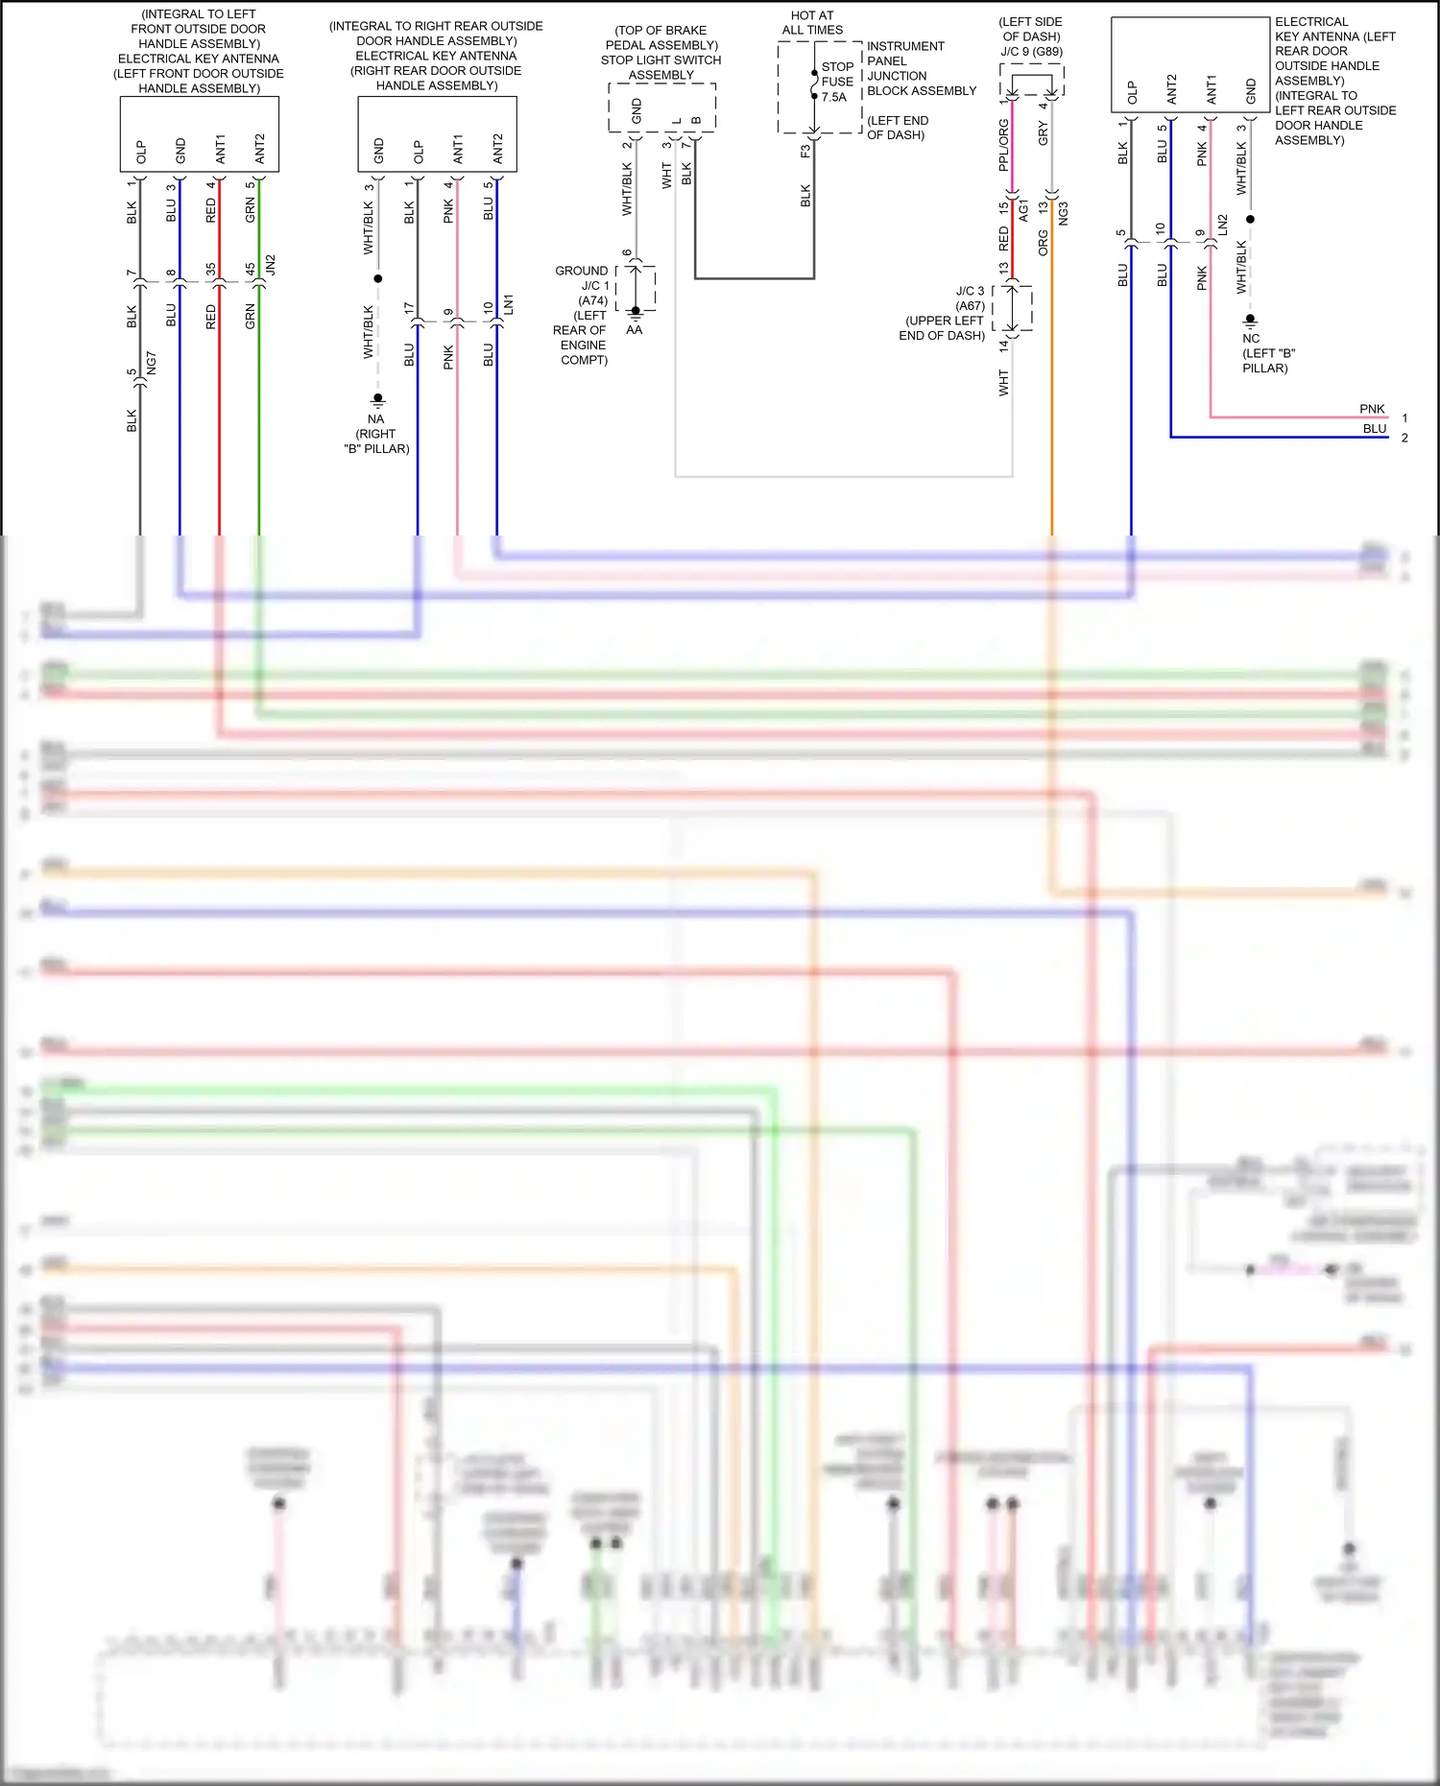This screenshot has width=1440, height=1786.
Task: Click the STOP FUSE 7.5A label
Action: [x=837, y=82]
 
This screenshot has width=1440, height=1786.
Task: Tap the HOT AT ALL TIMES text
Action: [x=812, y=23]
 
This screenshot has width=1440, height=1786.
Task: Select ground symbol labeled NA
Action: [x=378, y=398]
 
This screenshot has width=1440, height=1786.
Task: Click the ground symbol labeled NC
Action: [x=1250, y=320]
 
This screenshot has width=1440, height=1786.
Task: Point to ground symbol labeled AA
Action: [x=635, y=313]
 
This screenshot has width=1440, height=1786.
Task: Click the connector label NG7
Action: [x=151, y=363]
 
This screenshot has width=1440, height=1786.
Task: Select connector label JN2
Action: [x=271, y=265]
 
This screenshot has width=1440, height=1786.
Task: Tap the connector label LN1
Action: [x=509, y=304]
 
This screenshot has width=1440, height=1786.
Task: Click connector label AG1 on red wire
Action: [x=1023, y=211]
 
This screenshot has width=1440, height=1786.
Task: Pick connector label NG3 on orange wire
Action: [x=1064, y=214]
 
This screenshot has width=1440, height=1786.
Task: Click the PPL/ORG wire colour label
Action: [x=1004, y=145]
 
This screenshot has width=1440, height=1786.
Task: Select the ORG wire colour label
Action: [x=1044, y=243]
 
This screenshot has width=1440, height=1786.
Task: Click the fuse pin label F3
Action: [x=805, y=151]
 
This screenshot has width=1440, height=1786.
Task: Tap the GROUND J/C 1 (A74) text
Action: [x=583, y=285]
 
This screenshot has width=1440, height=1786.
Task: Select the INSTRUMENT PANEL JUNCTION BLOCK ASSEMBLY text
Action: [x=921, y=68]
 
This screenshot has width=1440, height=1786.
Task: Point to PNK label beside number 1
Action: [x=1372, y=409]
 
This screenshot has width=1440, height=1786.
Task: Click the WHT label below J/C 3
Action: [x=1004, y=383]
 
